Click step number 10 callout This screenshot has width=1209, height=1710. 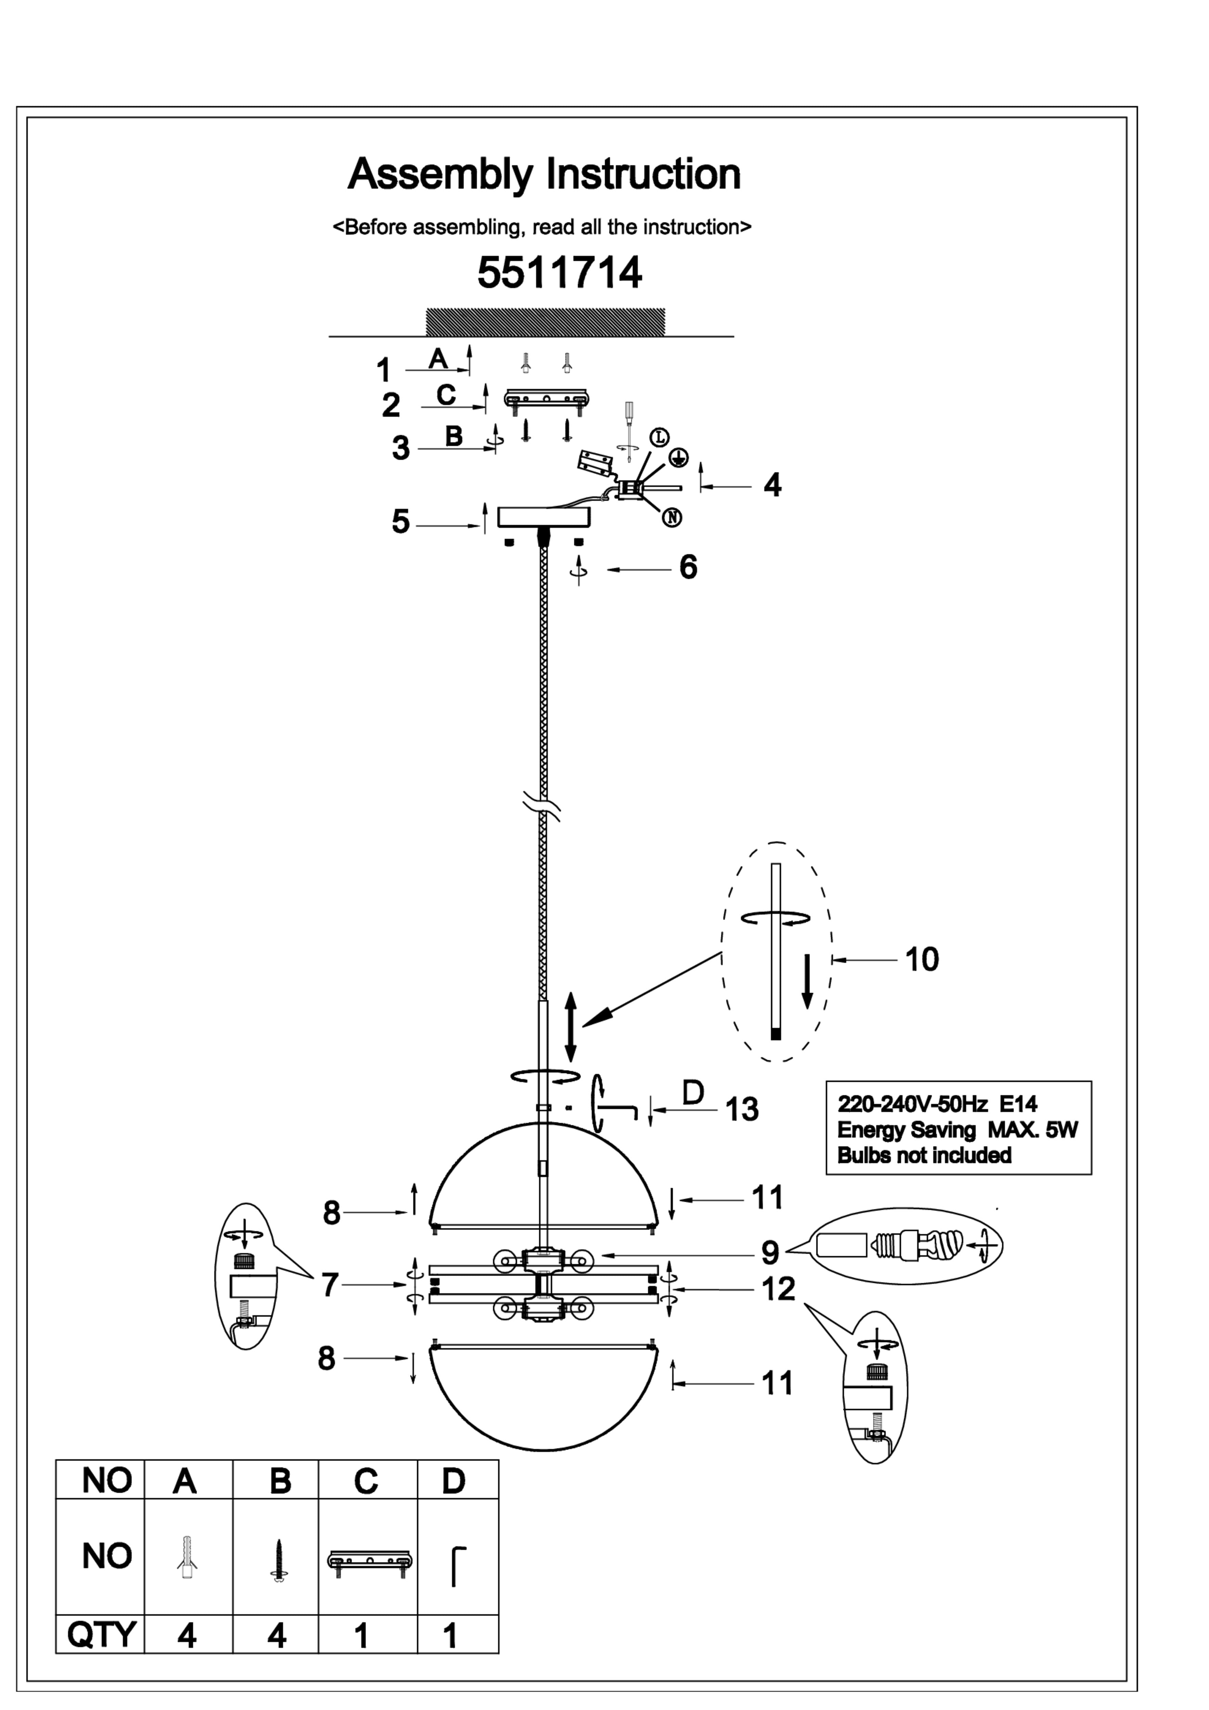tap(922, 959)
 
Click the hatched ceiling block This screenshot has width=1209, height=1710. tap(545, 322)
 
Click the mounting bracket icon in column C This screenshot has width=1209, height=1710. tap(369, 1560)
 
